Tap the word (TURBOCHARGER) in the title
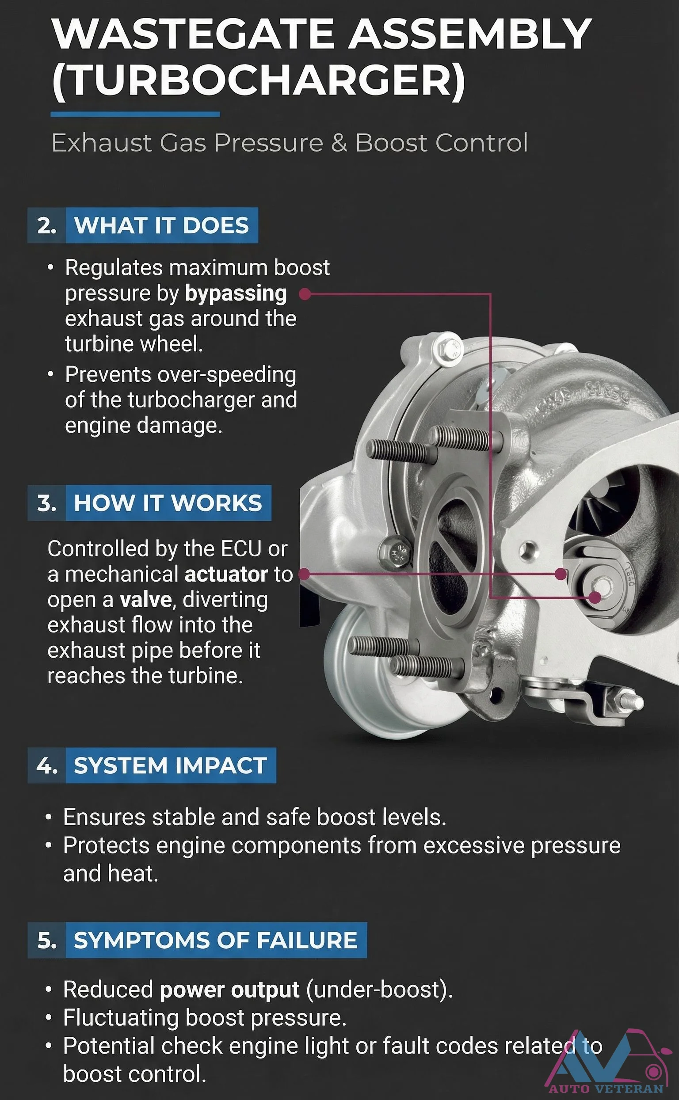[258, 81]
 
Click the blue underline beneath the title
[135, 114]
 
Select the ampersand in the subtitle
[339, 143]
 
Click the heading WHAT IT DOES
[161, 225]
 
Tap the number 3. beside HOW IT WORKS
[47, 503]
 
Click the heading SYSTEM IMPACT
[170, 765]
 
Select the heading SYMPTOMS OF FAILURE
[216, 940]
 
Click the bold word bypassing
[236, 293]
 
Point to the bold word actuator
[226, 574]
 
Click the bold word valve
[145, 600]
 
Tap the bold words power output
[229, 990]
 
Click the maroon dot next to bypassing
[305, 294]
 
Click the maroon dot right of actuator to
[305, 574]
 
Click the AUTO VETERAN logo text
[606, 1089]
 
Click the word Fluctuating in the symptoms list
[121, 1018]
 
